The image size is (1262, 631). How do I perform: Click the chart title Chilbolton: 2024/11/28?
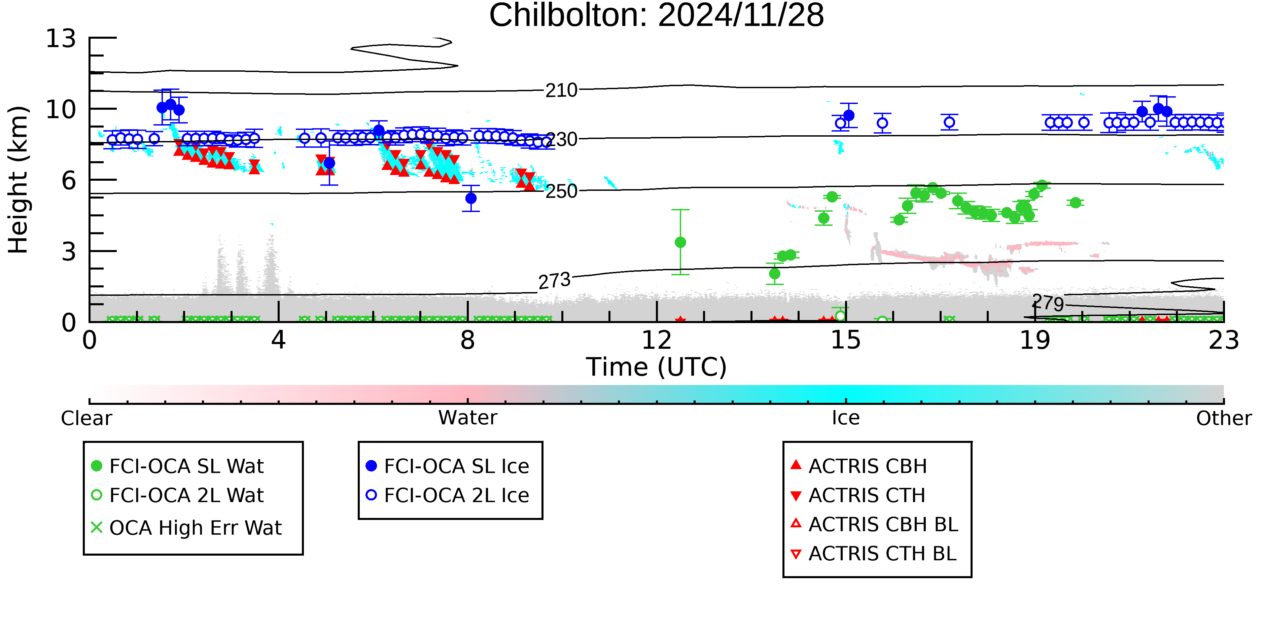pos(657,16)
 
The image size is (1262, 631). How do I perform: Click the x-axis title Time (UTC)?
pos(657,367)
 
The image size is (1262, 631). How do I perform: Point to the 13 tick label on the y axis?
pos(61,38)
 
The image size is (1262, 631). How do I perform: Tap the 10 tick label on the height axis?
pos(61,109)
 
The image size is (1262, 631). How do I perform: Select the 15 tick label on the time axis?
pos(846,340)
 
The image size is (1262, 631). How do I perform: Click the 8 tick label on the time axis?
pos(468,340)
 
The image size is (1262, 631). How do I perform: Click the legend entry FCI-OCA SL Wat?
pos(178,466)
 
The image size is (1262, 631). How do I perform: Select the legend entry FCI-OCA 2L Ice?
pos(448,495)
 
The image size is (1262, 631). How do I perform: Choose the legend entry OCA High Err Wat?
pos(186,528)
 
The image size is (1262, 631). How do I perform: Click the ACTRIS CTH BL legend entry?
pos(874,554)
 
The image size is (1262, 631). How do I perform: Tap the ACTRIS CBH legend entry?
pos(859,466)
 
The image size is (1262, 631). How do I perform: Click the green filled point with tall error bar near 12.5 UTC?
pos(680,242)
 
